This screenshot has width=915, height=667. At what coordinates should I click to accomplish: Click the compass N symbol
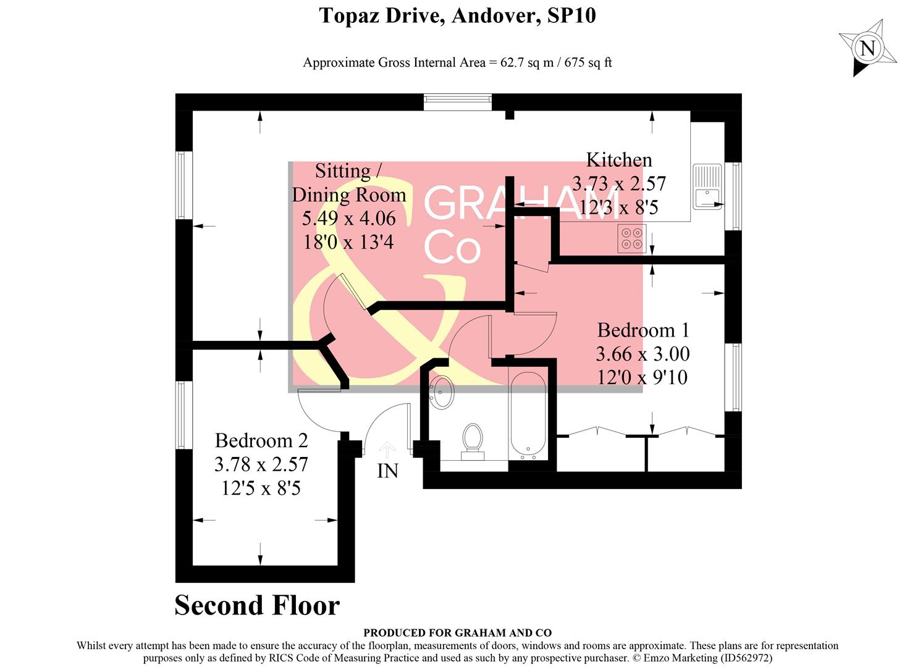(x=867, y=48)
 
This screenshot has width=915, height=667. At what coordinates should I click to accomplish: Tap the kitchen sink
(x=707, y=187)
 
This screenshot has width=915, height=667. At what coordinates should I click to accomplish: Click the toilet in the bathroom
(x=473, y=441)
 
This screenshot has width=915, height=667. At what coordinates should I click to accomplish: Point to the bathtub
(x=527, y=415)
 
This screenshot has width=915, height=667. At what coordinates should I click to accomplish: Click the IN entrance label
(x=387, y=471)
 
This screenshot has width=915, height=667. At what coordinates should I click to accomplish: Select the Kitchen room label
(x=618, y=160)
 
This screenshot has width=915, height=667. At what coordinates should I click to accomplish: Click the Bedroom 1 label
(x=643, y=330)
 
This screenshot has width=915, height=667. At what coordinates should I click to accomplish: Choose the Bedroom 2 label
(x=261, y=441)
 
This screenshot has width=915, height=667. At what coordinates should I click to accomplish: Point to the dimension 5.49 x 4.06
(x=348, y=219)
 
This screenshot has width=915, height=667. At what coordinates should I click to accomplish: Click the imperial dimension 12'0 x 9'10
(x=643, y=377)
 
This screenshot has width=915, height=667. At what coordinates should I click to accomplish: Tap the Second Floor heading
(x=257, y=605)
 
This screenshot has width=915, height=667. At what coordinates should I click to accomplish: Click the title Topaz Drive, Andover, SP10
(x=457, y=15)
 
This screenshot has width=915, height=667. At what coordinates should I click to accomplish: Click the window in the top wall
(x=458, y=102)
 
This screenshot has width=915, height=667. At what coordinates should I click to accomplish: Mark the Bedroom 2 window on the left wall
(x=180, y=414)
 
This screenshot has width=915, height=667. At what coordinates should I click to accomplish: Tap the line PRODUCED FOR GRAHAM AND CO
(x=457, y=632)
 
